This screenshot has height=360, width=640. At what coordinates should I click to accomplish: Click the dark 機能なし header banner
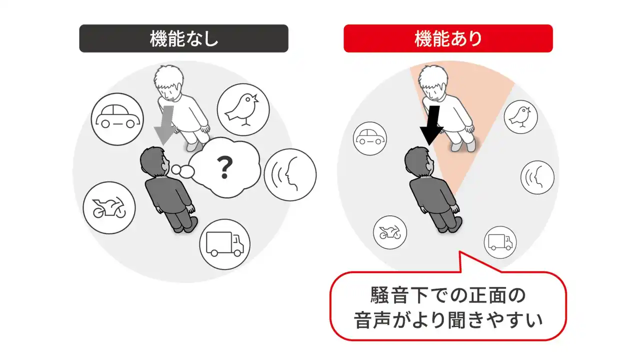(183, 38)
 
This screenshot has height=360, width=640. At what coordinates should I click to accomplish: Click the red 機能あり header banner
(448, 38)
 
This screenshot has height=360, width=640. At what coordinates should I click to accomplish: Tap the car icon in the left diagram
(117, 119)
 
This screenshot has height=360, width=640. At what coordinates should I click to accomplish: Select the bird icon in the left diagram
(243, 109)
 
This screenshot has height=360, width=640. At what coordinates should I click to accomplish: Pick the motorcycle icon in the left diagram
(109, 207)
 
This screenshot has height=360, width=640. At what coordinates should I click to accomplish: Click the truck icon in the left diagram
(225, 244)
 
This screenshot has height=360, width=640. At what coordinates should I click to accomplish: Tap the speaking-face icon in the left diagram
(290, 174)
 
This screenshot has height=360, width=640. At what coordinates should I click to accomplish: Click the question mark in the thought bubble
(225, 167)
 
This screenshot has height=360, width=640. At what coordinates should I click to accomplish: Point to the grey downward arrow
(165, 125)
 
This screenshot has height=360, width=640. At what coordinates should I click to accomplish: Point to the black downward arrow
(431, 125)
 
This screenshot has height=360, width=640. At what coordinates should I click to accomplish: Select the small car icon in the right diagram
(370, 138)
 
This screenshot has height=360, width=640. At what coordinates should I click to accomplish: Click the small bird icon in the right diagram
(520, 117)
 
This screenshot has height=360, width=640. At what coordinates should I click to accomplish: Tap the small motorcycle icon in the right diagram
(390, 232)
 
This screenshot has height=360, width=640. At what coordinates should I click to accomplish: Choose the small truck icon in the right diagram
(500, 242)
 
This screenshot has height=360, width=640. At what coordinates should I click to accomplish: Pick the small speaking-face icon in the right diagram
(537, 177)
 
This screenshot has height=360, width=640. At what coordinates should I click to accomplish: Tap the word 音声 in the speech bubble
(372, 319)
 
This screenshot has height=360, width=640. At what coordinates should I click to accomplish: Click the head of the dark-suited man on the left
(153, 161)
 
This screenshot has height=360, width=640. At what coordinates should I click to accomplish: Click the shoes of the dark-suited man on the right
(451, 225)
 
